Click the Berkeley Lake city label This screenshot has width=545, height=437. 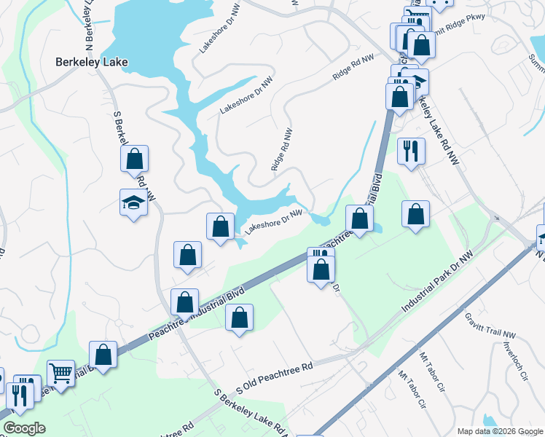click(x=92, y=63)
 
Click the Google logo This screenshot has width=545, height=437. click(x=24, y=428)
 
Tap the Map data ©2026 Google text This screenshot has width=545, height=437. click(x=499, y=431)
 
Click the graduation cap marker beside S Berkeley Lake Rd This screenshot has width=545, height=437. click(x=134, y=202)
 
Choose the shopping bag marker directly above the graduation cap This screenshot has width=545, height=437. click(x=135, y=159)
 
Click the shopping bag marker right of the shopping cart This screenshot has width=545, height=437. click(x=104, y=355)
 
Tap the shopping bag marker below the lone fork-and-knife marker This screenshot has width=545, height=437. click(x=415, y=214)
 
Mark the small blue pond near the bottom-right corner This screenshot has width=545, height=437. click(x=490, y=421)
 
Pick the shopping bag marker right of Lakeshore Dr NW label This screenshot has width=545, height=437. click(x=359, y=217)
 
